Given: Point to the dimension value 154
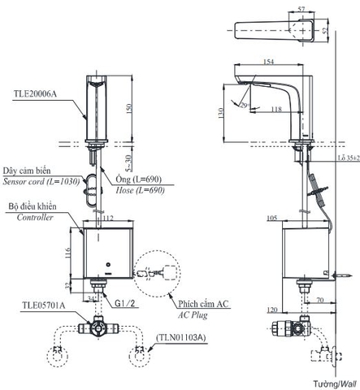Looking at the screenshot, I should [x=269, y=62].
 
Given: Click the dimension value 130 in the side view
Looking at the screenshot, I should [x=222, y=114].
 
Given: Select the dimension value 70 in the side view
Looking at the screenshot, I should [x=322, y=298].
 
